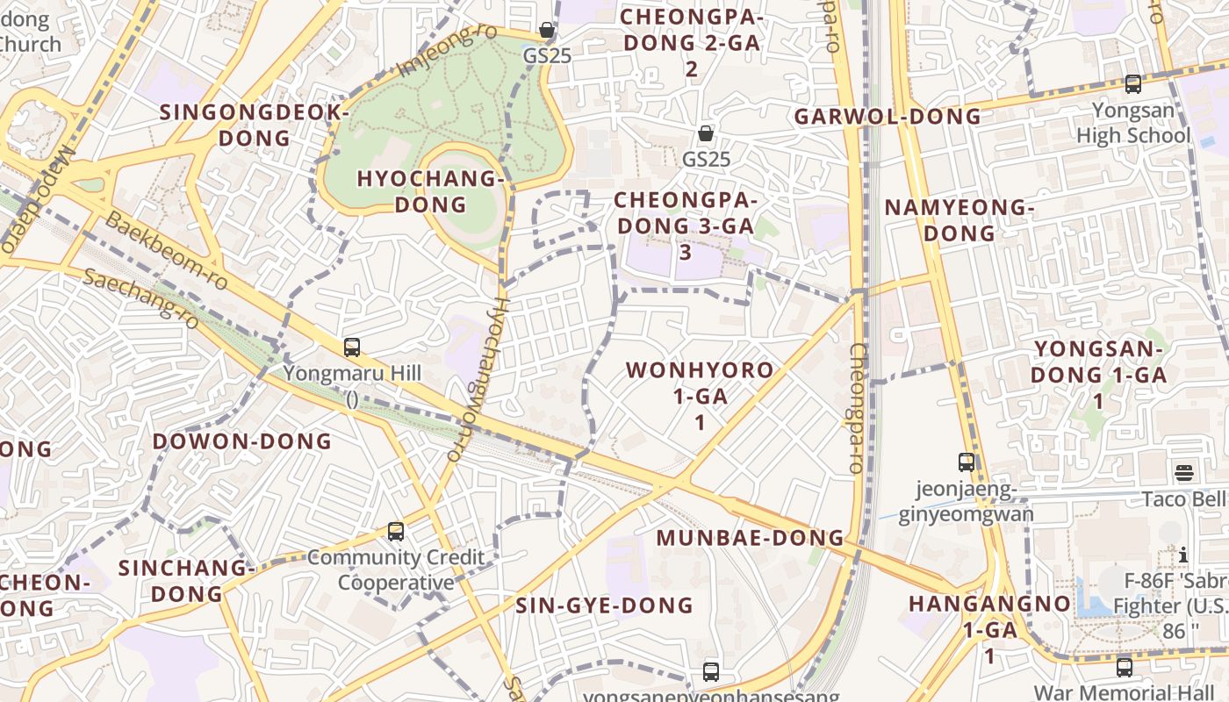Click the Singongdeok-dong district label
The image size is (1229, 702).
coord(254,125)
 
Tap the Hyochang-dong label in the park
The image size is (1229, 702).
coord(430,191)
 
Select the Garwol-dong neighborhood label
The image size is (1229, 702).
coord(888,117)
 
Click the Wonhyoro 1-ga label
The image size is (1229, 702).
coord(700,395)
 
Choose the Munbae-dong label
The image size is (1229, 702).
coord(750,538)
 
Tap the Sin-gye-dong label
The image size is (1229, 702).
coord(604,605)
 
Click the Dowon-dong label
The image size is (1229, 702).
coord(242,441)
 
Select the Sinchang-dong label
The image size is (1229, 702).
coord(185,581)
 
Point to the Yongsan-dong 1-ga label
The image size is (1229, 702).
coord(1097,375)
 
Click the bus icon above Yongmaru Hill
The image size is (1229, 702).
coord(352,347)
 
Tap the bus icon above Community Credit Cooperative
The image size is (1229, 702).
coord(396,532)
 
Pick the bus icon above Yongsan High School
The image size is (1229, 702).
coord(1133,84)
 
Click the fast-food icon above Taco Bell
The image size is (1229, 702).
coord(1183,474)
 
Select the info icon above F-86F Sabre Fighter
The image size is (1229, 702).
coord(1183,555)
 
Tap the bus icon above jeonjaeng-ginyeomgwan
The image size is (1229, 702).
coord(967,462)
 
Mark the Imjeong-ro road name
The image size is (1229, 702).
coord(447,49)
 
